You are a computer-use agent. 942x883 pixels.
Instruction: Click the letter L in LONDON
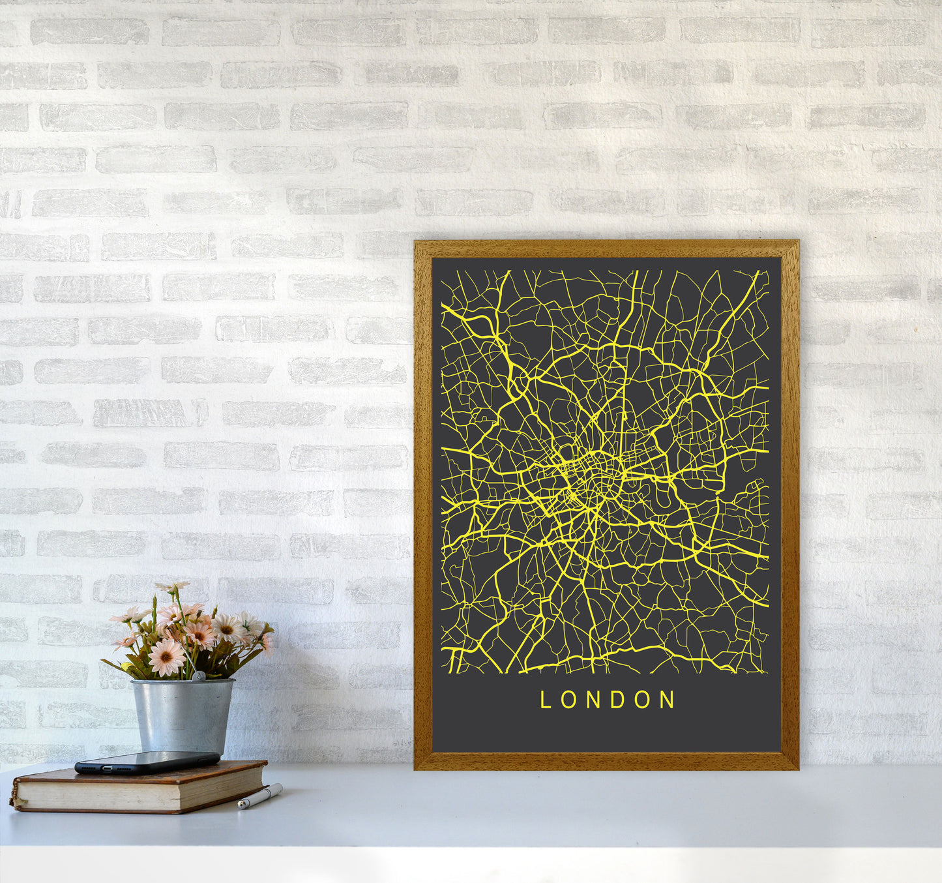[546, 700]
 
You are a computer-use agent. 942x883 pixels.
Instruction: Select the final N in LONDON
[668, 700]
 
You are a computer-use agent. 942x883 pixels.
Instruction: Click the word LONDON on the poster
[607, 700]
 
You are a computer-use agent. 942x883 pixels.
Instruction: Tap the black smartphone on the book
[147, 762]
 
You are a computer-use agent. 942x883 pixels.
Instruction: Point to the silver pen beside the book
[260, 796]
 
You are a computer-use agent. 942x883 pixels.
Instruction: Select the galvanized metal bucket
[182, 715]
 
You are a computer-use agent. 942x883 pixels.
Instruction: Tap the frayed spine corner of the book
[14, 800]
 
